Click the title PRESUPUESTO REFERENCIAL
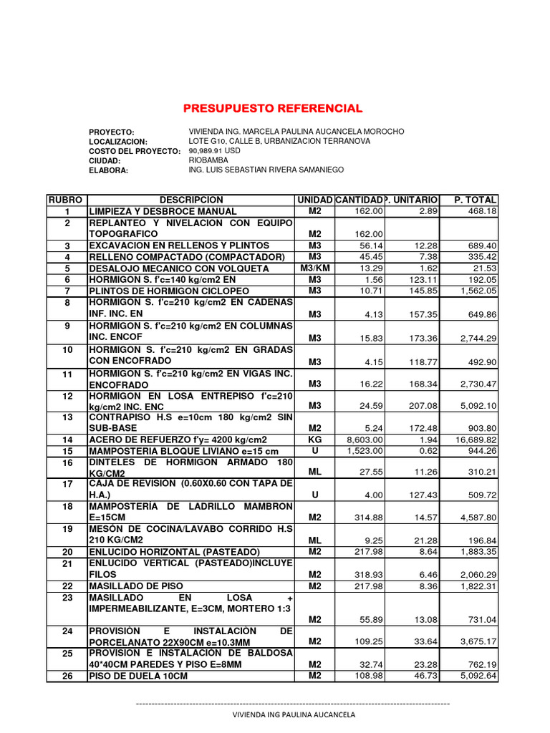click(x=273, y=109)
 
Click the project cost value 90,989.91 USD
click(x=214, y=152)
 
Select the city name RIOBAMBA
click(x=208, y=161)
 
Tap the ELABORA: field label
click(x=108, y=170)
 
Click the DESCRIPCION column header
click(x=191, y=200)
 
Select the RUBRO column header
click(x=67, y=200)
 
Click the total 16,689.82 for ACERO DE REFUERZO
click(x=476, y=440)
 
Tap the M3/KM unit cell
click(x=315, y=268)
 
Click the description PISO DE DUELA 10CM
click(x=138, y=676)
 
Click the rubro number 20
click(x=67, y=552)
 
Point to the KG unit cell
click(x=315, y=439)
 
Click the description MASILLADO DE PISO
click(x=132, y=586)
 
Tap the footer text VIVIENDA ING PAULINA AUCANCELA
click(x=294, y=714)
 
